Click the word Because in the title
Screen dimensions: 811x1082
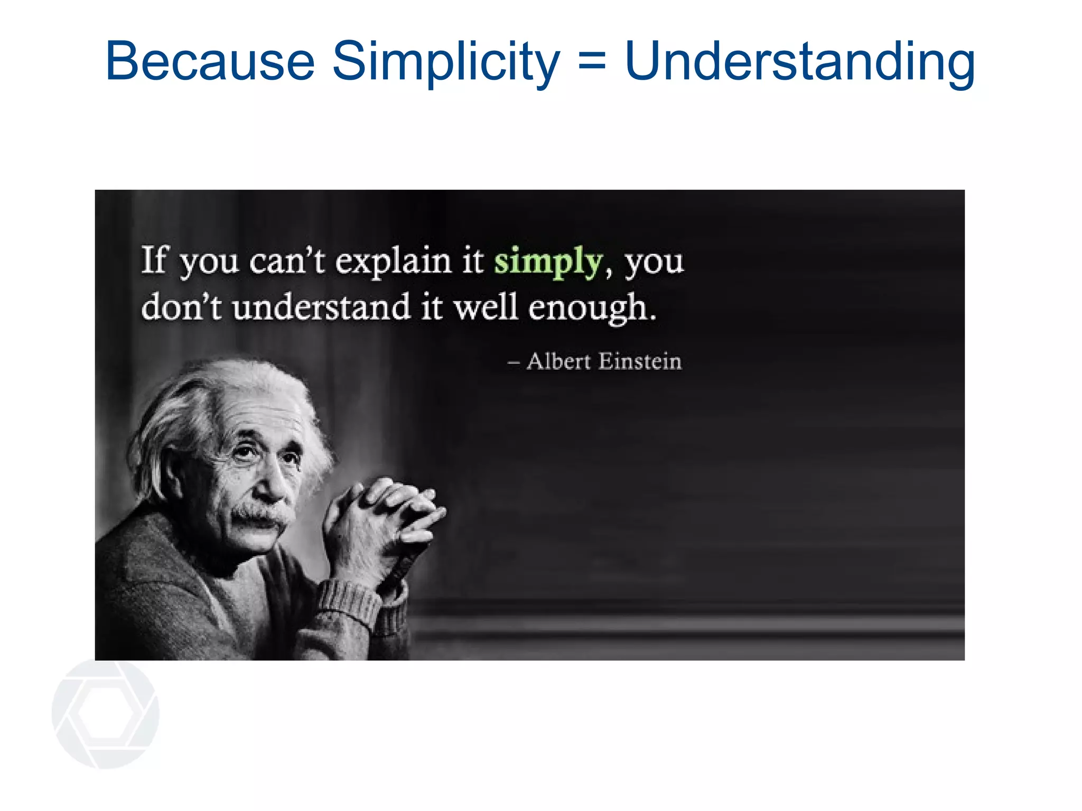point(210,62)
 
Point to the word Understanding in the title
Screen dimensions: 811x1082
point(799,62)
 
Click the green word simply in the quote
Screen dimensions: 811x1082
point(548,262)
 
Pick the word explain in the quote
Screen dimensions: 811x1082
point(393,262)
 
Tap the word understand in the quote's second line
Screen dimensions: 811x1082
point(321,307)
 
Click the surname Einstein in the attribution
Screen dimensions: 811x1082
point(640,362)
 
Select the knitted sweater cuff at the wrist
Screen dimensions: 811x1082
point(349,602)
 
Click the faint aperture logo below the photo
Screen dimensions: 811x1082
point(106,713)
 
